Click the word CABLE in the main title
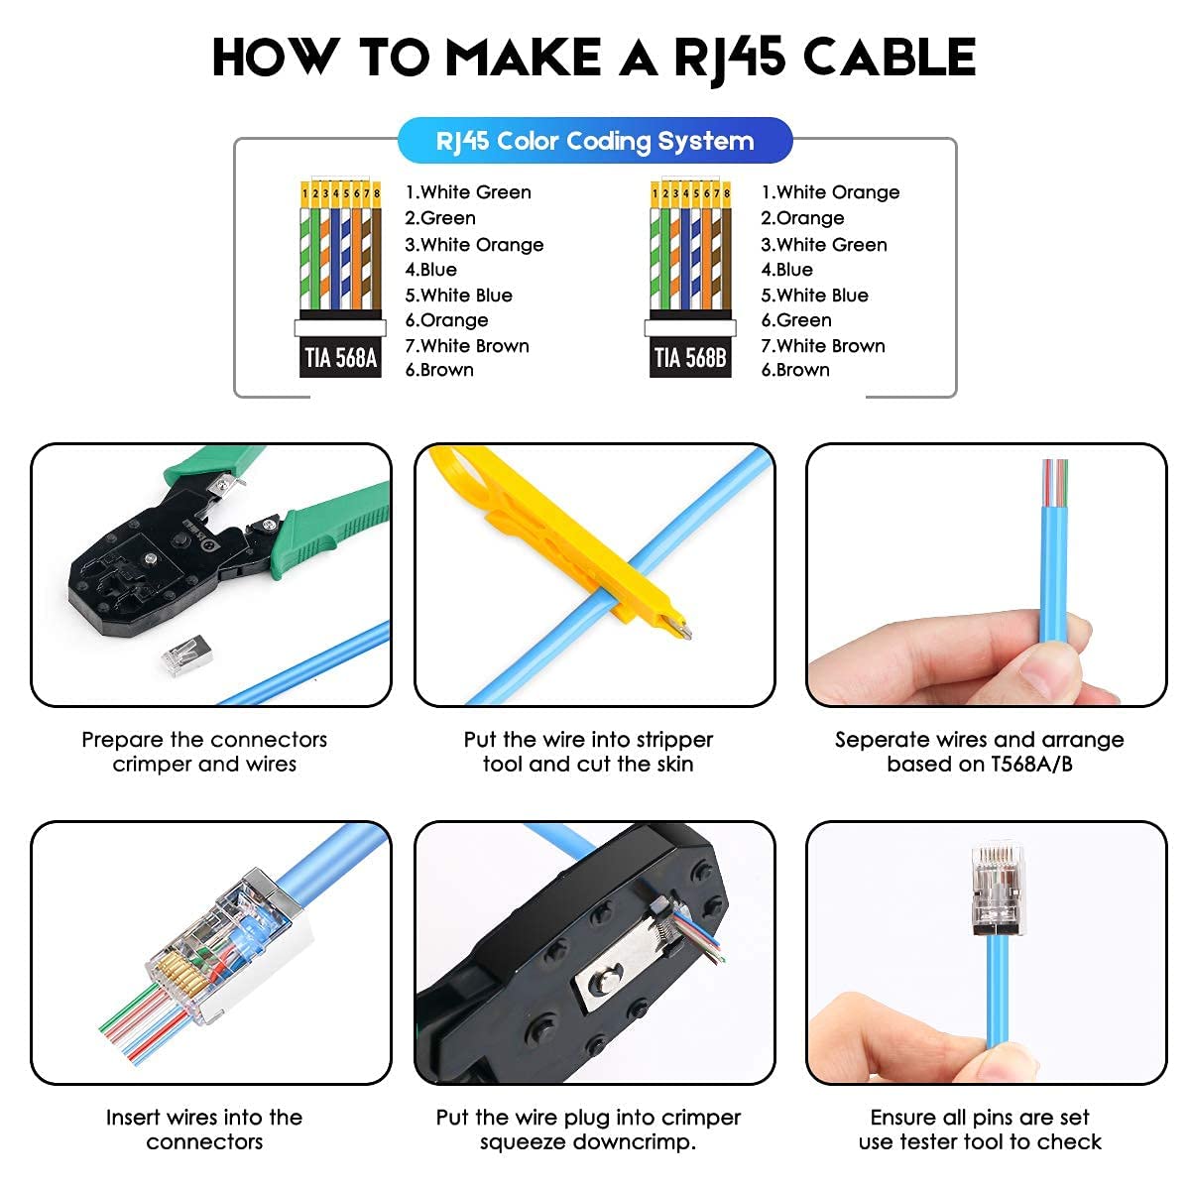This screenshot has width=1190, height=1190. pyautogui.click(x=889, y=58)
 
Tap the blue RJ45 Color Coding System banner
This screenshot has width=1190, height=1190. pyautogui.click(x=595, y=141)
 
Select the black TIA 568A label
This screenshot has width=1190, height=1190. pyautogui.click(x=340, y=358)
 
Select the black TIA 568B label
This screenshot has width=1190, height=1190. pyautogui.click(x=690, y=358)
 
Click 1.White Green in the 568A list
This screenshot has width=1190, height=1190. pyautogui.click(x=468, y=192)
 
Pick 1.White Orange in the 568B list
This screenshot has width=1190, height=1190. pyautogui.click(x=830, y=192)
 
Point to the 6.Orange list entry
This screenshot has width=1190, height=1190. pyautogui.click(x=446, y=320)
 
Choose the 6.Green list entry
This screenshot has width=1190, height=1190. pyautogui.click(x=796, y=320)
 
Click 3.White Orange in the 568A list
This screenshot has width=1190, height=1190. pyautogui.click(x=474, y=245)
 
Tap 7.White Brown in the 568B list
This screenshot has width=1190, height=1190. pyautogui.click(x=823, y=346)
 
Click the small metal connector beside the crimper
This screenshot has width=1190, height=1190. pyautogui.click(x=186, y=655)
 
